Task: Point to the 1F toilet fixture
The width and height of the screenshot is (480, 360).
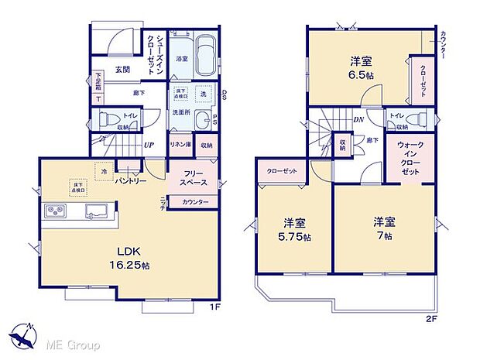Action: (110, 119)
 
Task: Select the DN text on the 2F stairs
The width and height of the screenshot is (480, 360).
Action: (359, 121)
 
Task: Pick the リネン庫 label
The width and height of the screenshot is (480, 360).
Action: (180, 145)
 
